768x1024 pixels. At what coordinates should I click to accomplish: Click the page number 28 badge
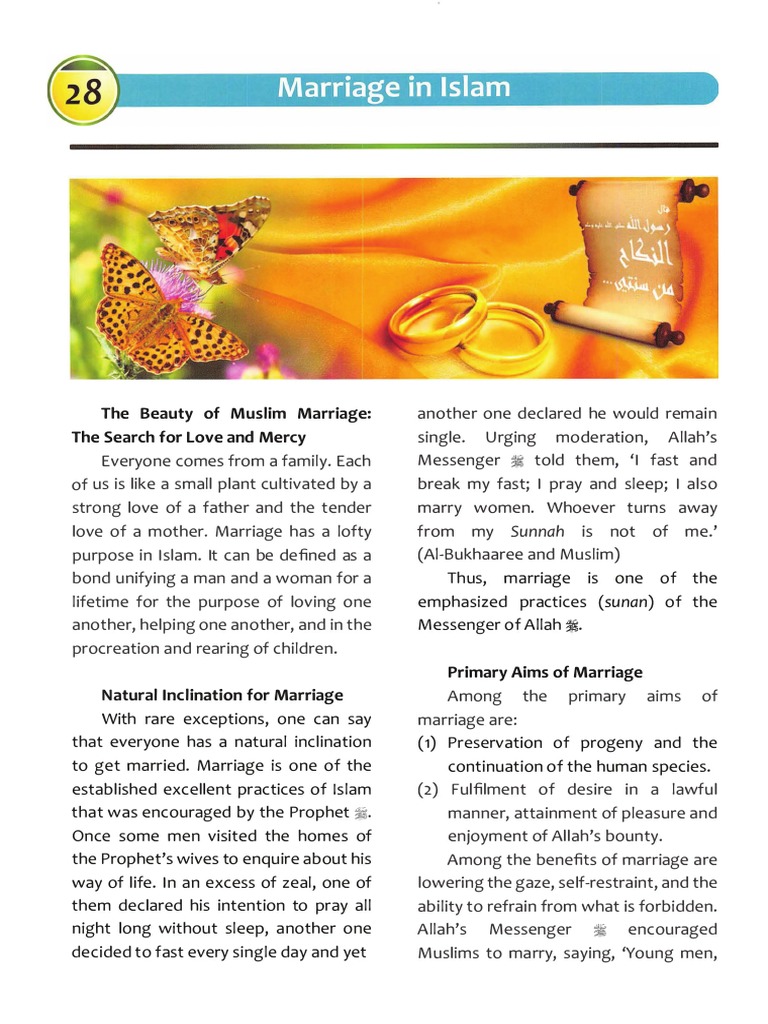tap(84, 92)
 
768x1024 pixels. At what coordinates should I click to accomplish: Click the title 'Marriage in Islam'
tap(393, 88)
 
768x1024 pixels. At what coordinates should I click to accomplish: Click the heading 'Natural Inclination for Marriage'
tap(222, 694)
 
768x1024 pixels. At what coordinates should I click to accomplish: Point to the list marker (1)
tap(428, 743)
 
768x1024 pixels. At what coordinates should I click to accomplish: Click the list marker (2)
tap(428, 790)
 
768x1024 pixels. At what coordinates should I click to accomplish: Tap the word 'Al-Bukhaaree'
tap(471, 554)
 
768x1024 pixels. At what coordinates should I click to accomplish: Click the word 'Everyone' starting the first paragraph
tap(135, 461)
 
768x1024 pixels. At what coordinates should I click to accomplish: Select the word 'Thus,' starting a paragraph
tap(467, 578)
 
